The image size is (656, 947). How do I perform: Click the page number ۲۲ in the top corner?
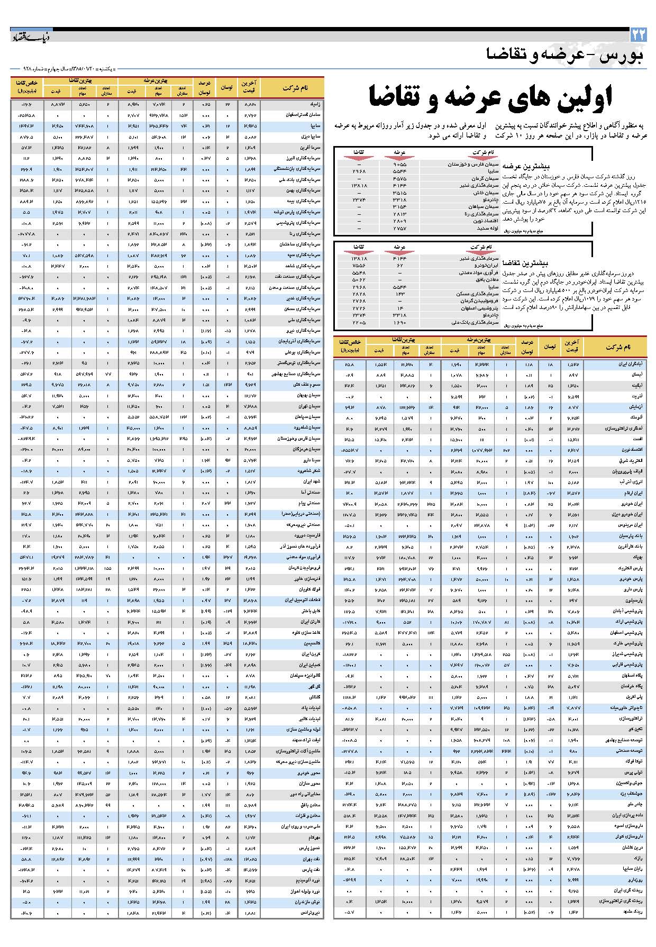click(638, 35)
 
